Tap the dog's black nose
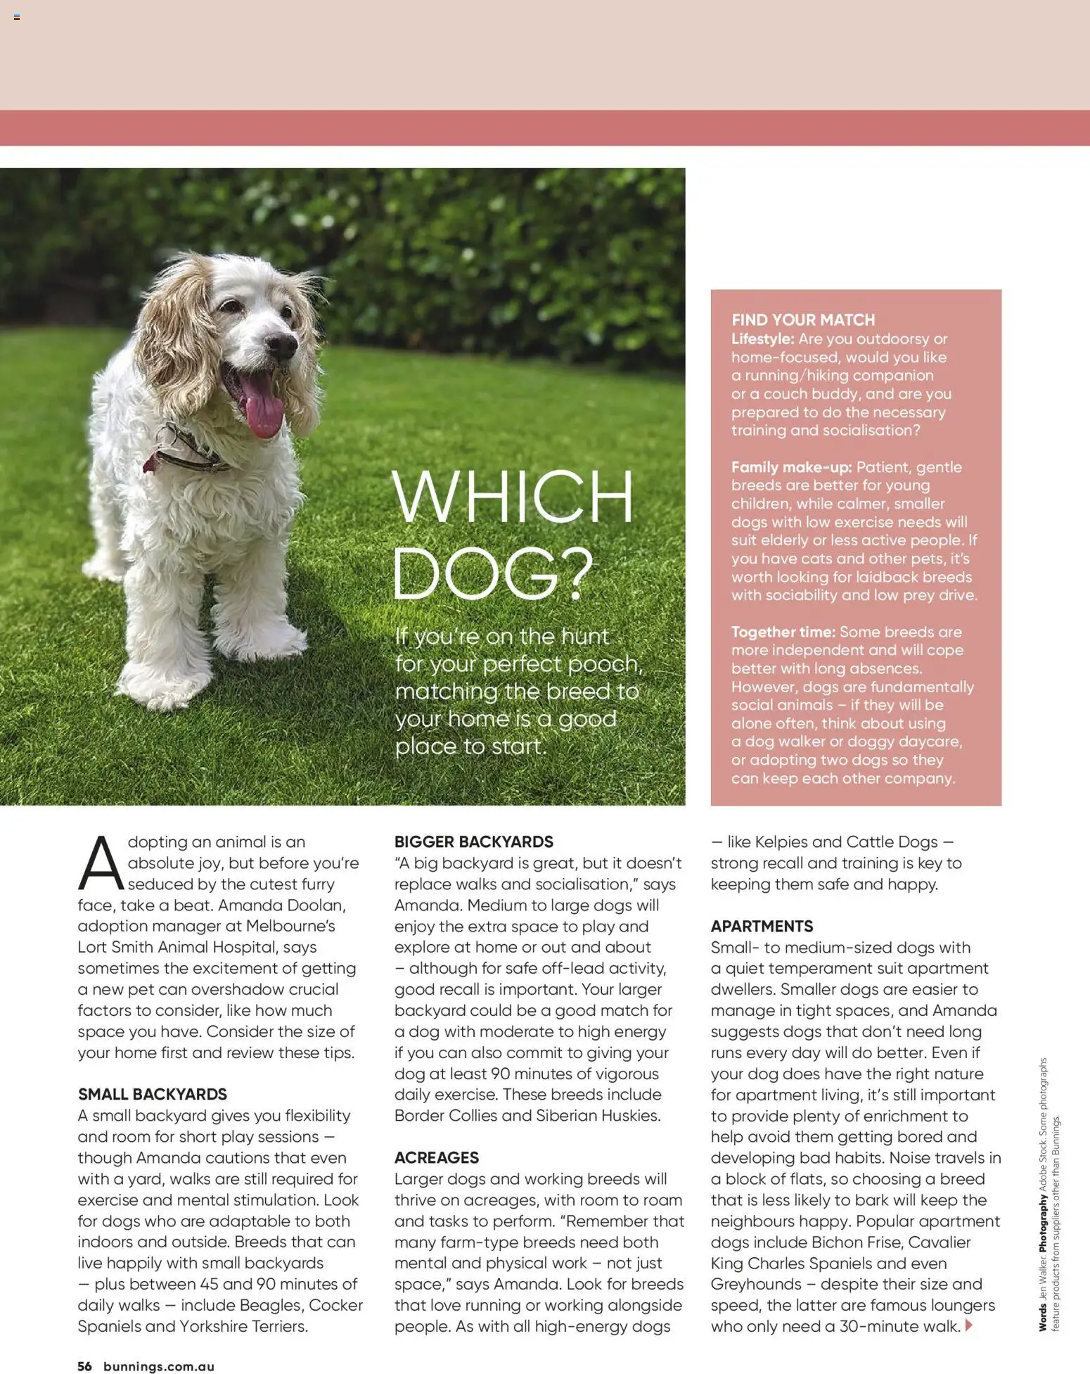(x=282, y=344)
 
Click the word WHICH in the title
(x=512, y=496)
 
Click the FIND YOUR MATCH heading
(x=802, y=320)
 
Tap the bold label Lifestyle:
(x=762, y=339)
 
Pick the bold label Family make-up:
(x=791, y=467)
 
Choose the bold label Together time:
(x=783, y=632)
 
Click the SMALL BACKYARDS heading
(x=152, y=1094)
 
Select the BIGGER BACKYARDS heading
(x=473, y=841)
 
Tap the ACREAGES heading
(x=436, y=1157)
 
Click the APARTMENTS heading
(x=762, y=926)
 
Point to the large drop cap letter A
(x=100, y=863)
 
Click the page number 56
(x=84, y=1366)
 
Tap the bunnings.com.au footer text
(x=158, y=1366)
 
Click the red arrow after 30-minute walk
(x=969, y=1325)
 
